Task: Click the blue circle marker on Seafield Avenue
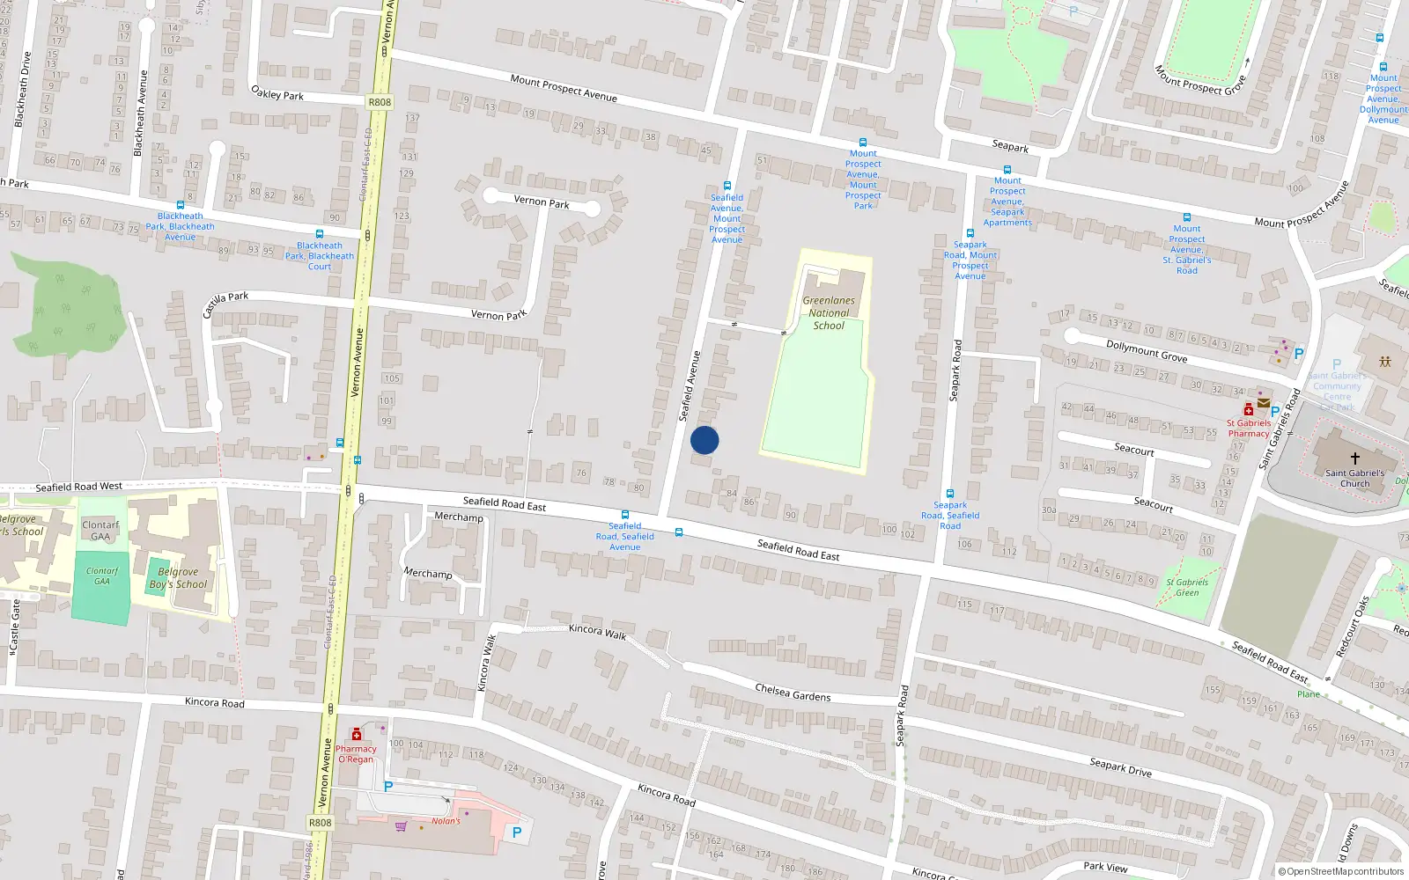[704, 440]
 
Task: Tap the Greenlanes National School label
[829, 313]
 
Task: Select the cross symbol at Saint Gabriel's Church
[1355, 458]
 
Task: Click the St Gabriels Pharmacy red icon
[1248, 410]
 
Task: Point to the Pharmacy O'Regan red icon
[356, 734]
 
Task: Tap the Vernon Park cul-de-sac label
[541, 202]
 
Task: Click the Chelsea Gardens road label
[793, 693]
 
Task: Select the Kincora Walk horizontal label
[597, 631]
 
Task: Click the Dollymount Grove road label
[1147, 352]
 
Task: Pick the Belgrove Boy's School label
[178, 578]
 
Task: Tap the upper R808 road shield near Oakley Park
[380, 102]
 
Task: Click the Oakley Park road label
[277, 93]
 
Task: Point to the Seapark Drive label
[1120, 766]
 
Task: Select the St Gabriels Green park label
[1187, 587]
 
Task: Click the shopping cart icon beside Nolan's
[402, 825]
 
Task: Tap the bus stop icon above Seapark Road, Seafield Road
[950, 494]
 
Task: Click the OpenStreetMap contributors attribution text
[1341, 872]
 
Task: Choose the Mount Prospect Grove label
[1199, 80]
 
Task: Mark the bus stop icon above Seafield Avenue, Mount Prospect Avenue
[727, 186]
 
